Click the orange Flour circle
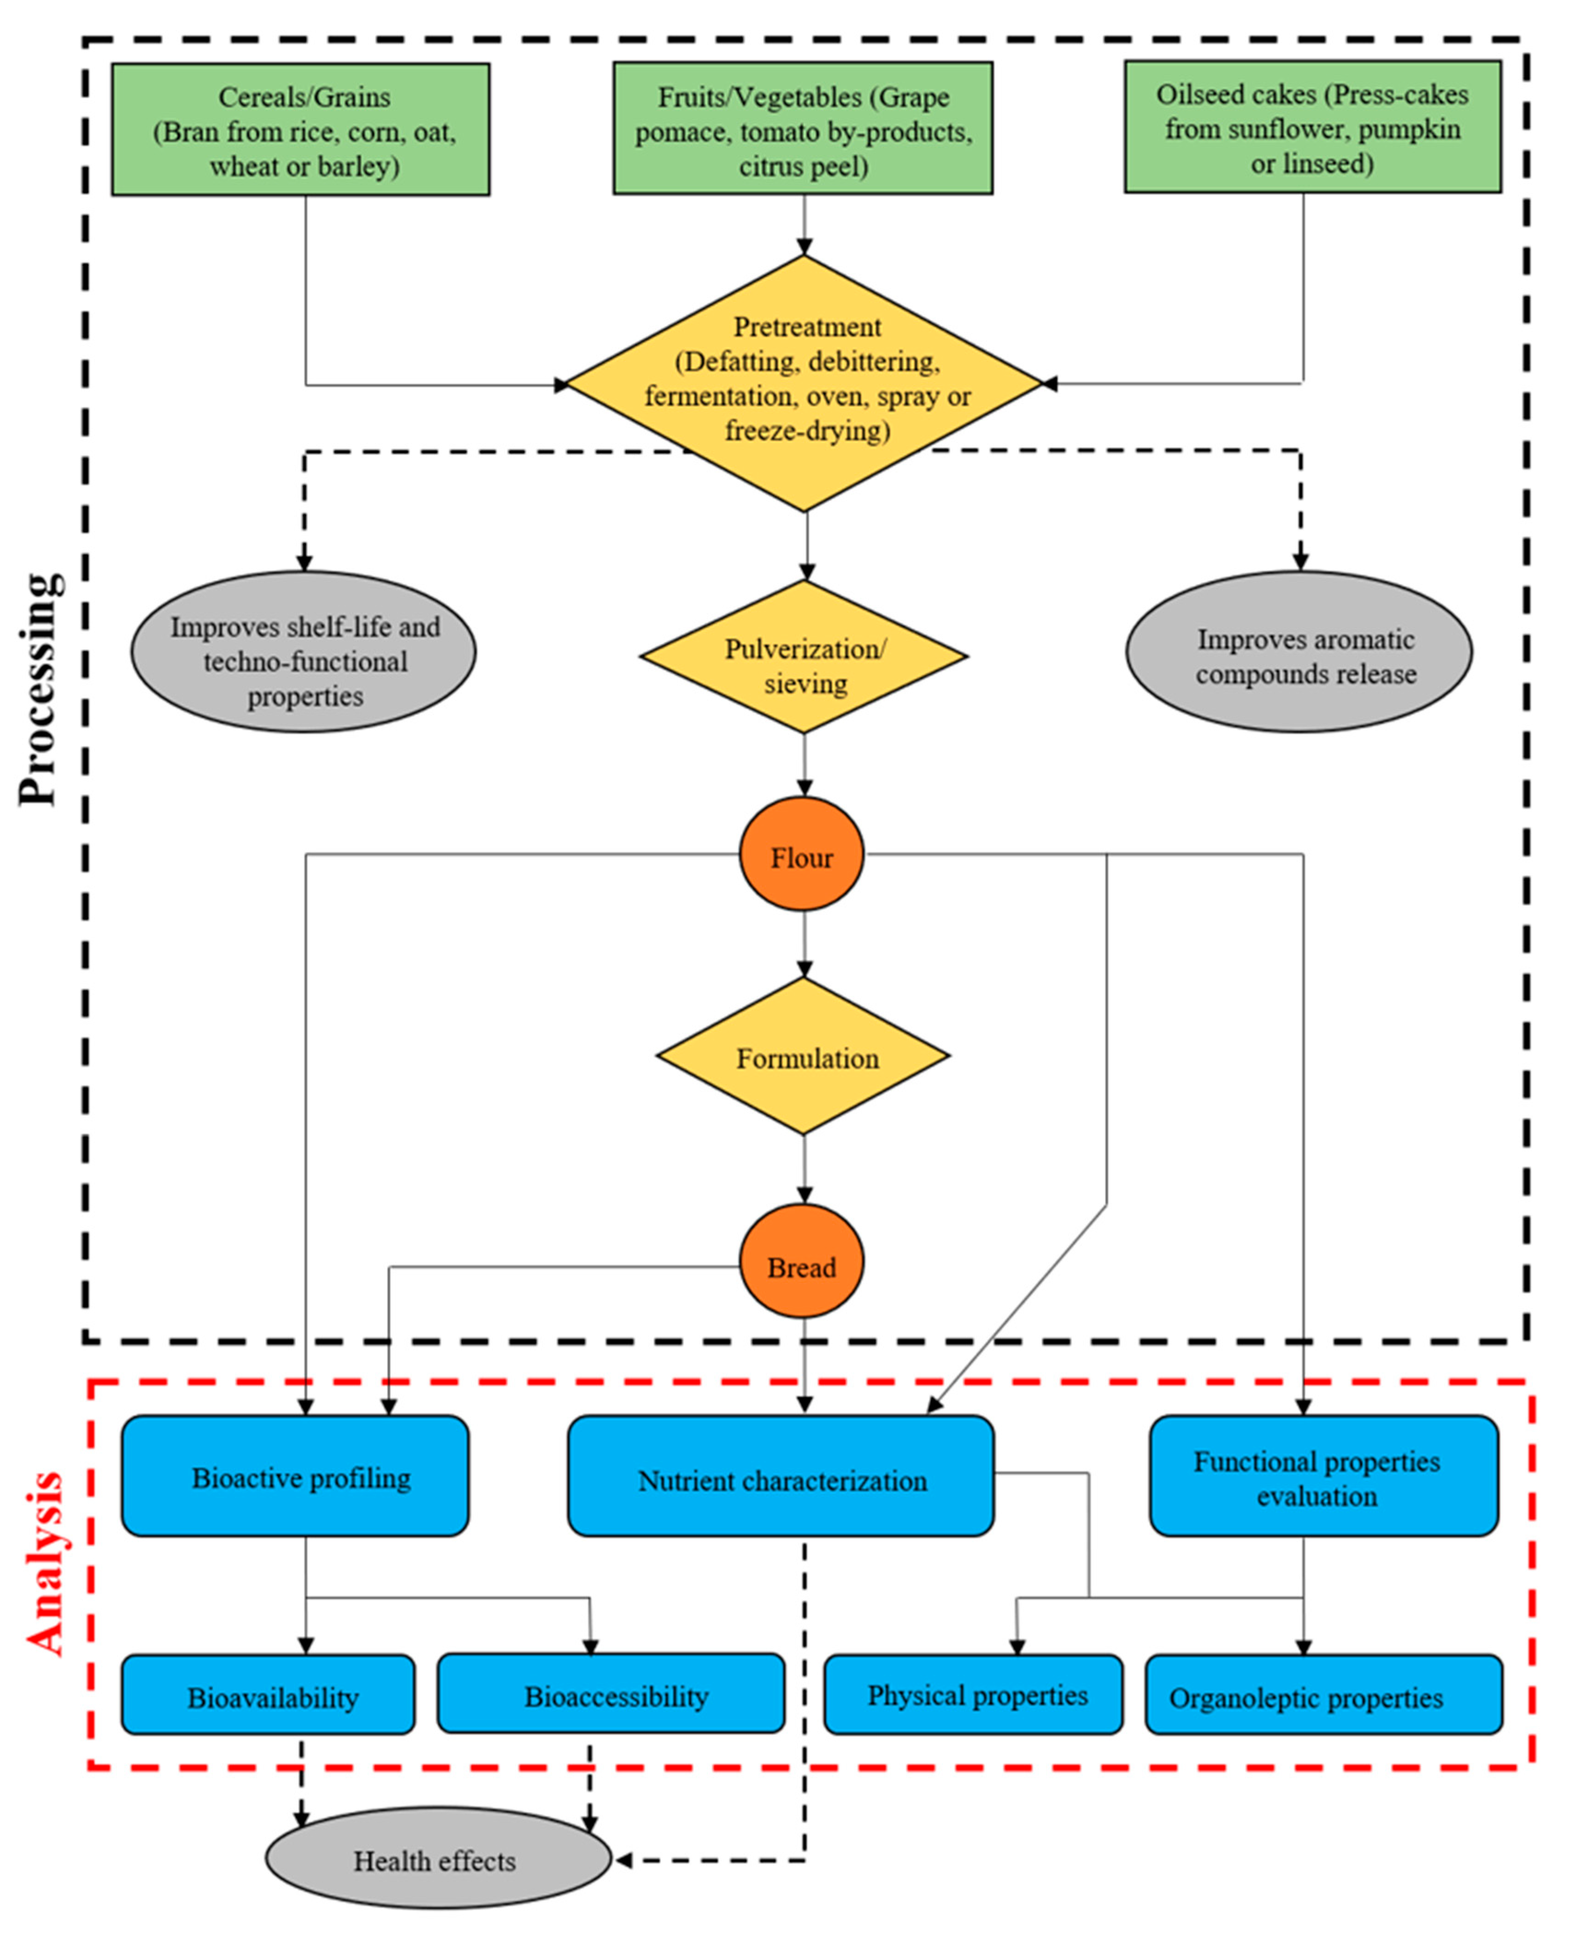[x=802, y=855]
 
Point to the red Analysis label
[x=45, y=1564]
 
